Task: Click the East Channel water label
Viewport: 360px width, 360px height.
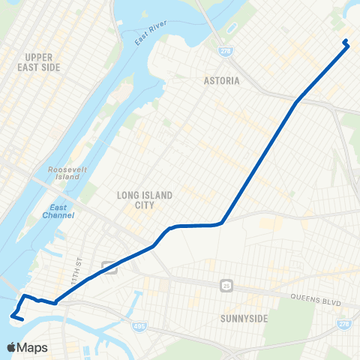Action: click(x=62, y=211)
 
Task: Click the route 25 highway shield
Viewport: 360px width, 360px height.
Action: click(x=226, y=285)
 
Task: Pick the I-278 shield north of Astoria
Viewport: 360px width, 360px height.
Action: click(x=226, y=51)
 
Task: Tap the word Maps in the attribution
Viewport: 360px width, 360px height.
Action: click(x=34, y=347)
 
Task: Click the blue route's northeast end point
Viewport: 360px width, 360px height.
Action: click(x=345, y=41)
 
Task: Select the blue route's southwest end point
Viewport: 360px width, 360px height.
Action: click(x=22, y=320)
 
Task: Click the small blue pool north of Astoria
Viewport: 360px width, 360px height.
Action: click(x=231, y=28)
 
